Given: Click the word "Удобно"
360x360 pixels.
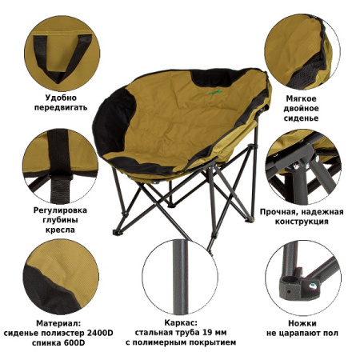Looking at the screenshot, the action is point(61,98).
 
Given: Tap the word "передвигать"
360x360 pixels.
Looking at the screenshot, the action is point(61,108).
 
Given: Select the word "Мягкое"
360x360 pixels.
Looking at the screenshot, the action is point(301,98).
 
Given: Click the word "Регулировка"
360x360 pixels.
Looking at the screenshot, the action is point(60,210).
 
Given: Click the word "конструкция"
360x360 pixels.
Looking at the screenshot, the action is point(302,222).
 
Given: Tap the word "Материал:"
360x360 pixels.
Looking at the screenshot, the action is point(58,323).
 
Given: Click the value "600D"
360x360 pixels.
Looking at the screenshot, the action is point(74,343).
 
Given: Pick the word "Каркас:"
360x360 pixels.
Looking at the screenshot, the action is point(181,323).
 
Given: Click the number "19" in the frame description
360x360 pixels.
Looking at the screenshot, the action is point(207,333).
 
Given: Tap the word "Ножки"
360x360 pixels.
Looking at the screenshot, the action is point(302,323).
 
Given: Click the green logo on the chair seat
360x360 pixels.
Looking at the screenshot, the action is point(215,92).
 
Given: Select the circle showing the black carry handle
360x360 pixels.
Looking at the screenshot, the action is point(62,54).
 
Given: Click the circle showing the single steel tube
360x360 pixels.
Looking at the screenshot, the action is point(180,277).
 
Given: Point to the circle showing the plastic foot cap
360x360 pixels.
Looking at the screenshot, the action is point(303,278).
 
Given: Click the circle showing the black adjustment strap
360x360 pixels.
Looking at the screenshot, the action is point(61,166).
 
